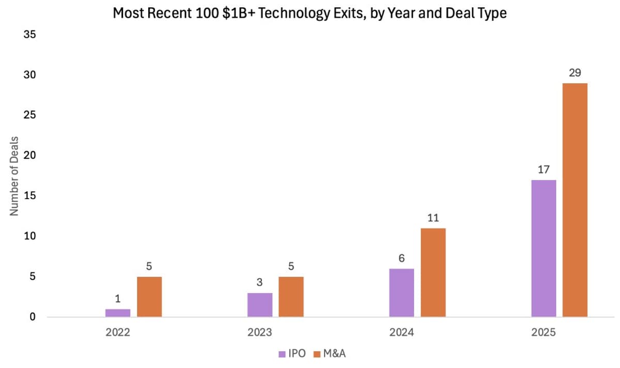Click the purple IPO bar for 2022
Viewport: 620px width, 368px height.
click(x=118, y=313)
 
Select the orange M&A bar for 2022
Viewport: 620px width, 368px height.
click(x=149, y=297)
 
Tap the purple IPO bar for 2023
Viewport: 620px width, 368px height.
click(x=259, y=305)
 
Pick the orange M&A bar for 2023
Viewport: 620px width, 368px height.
click(x=291, y=297)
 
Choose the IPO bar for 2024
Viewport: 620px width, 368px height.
click(x=401, y=293)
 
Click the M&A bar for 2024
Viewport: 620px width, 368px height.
click(x=433, y=272)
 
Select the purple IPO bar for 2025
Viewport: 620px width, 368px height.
click(x=544, y=248)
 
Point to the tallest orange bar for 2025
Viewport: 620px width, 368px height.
click(x=575, y=200)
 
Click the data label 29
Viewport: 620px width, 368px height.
click(x=575, y=73)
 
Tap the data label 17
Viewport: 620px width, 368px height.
click(x=544, y=170)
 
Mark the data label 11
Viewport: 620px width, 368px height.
click(x=433, y=218)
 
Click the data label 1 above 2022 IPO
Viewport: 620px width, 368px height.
click(x=118, y=299)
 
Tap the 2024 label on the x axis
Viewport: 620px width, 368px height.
click(x=401, y=333)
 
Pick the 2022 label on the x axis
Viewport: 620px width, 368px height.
click(x=118, y=333)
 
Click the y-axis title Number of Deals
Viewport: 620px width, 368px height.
click(x=14, y=176)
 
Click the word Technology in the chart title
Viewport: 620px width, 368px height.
click(x=289, y=13)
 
